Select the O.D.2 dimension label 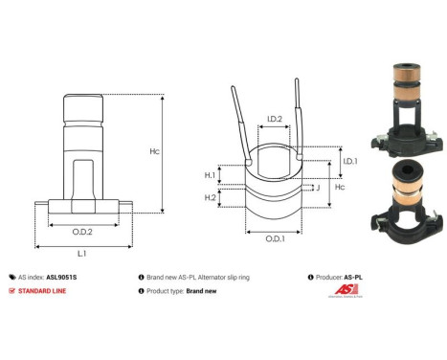tap(82, 232)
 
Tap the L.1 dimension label tap(82, 253)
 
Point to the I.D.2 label tap(274, 120)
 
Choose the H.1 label tap(210, 175)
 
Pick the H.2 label tap(210, 196)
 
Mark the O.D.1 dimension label tap(274, 237)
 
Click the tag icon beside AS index tap(11, 275)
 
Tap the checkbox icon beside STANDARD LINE tap(11, 290)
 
